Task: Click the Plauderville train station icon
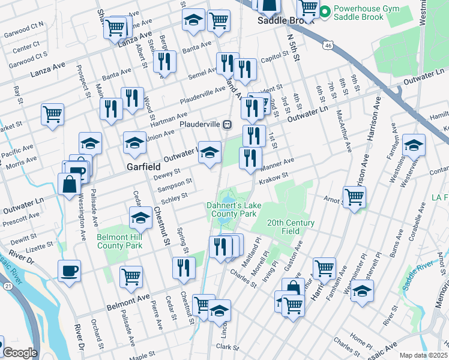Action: click(228, 124)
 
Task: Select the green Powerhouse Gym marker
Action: click(325, 10)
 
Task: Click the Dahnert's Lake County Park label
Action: click(232, 209)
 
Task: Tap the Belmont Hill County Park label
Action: click(119, 241)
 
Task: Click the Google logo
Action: click(20, 353)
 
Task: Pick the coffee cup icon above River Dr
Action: click(69, 270)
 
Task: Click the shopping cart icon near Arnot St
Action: click(355, 196)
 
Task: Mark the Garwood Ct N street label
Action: click(29, 25)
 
